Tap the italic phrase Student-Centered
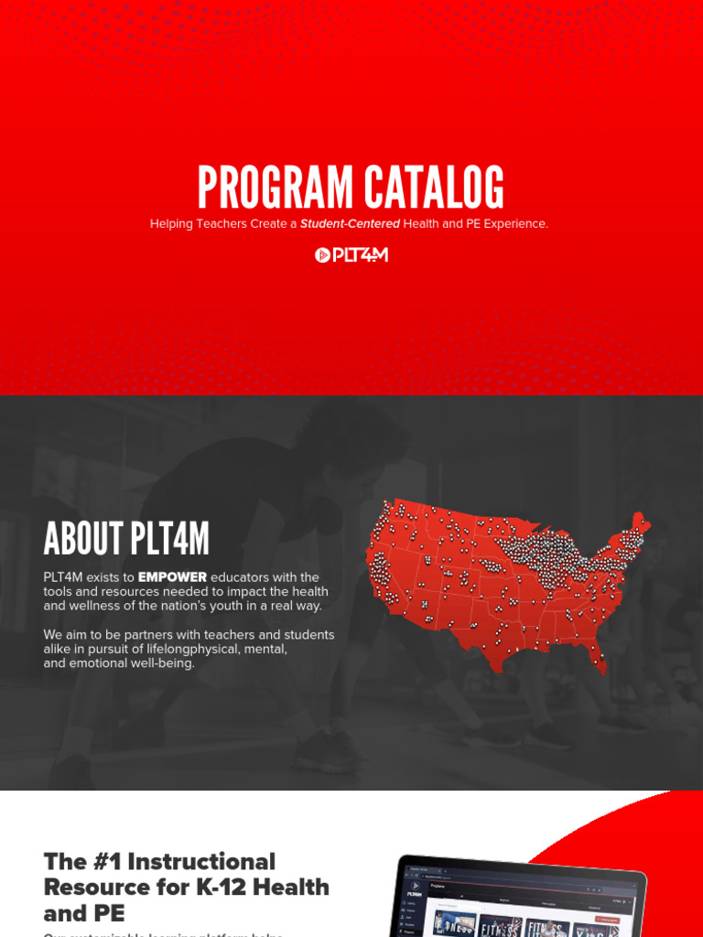351,224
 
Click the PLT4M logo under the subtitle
351,255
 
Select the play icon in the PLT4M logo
322,255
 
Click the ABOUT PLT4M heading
126,539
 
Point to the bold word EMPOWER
173,577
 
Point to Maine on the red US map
640,524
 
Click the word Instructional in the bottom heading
202,862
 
